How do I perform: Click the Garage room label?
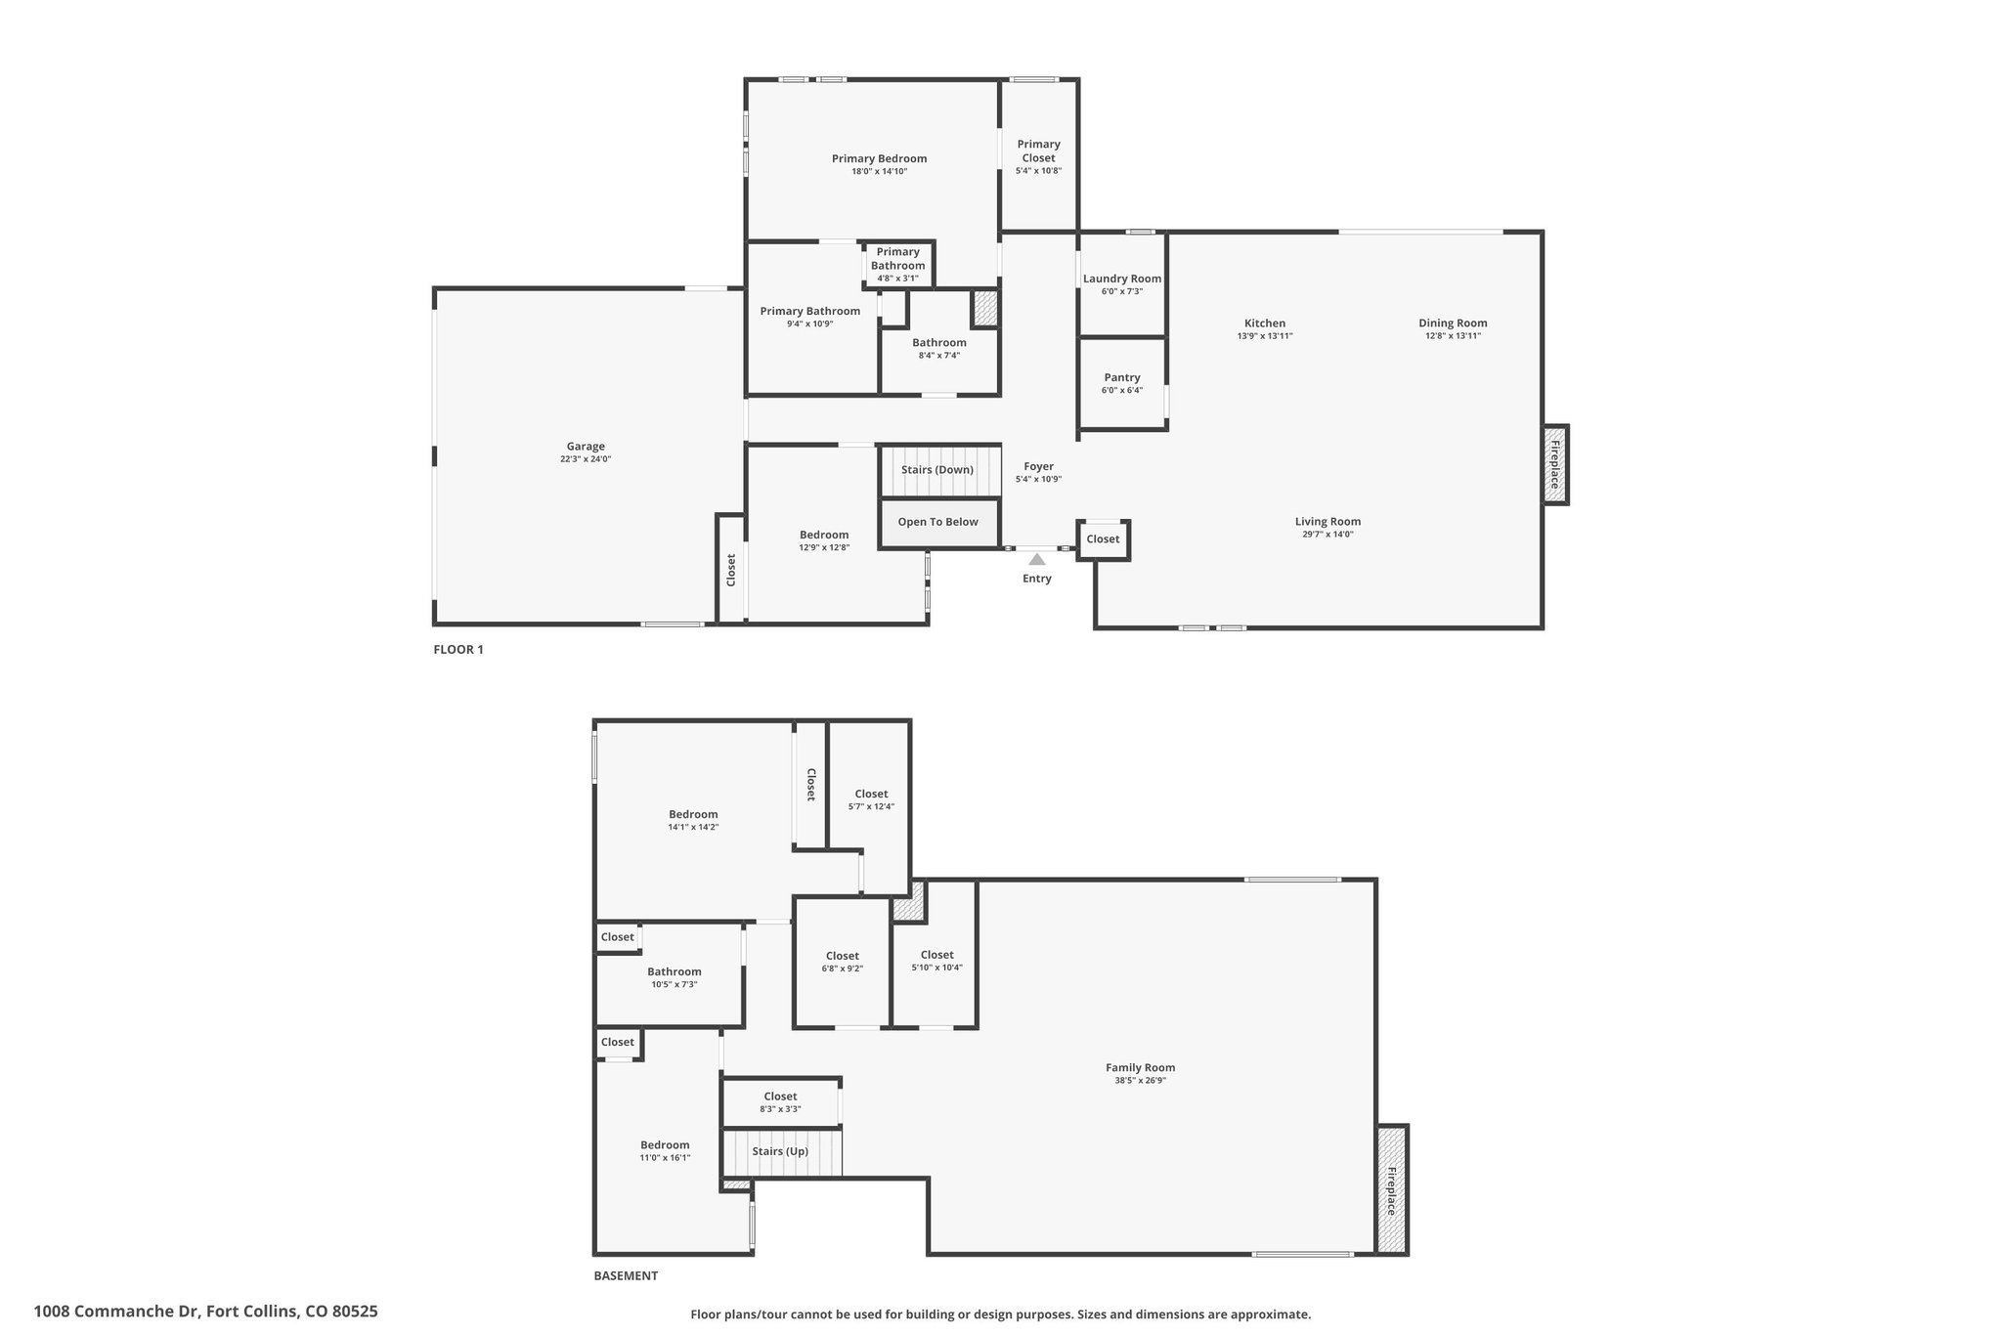(x=586, y=447)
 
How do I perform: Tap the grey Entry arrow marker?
(x=1037, y=559)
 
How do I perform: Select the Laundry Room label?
(x=1122, y=279)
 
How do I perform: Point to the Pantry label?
(x=1122, y=377)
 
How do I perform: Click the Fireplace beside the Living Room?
(x=1555, y=465)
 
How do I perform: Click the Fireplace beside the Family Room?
(x=1392, y=1189)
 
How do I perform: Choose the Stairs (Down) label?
(x=937, y=469)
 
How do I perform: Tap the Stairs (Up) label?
(x=780, y=1151)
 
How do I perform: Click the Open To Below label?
(x=938, y=522)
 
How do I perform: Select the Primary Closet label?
(x=1038, y=151)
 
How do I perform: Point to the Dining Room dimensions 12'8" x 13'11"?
(x=1453, y=336)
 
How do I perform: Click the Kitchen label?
(x=1265, y=323)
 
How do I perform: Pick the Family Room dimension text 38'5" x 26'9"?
(x=1140, y=1080)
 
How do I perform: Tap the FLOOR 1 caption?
(x=458, y=649)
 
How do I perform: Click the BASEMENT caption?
(x=626, y=1275)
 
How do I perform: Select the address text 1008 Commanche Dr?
(x=116, y=1312)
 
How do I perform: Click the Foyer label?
(x=1038, y=466)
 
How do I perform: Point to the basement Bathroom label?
(x=675, y=971)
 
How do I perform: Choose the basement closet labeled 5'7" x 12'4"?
(x=871, y=800)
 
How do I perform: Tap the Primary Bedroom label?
(x=879, y=158)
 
